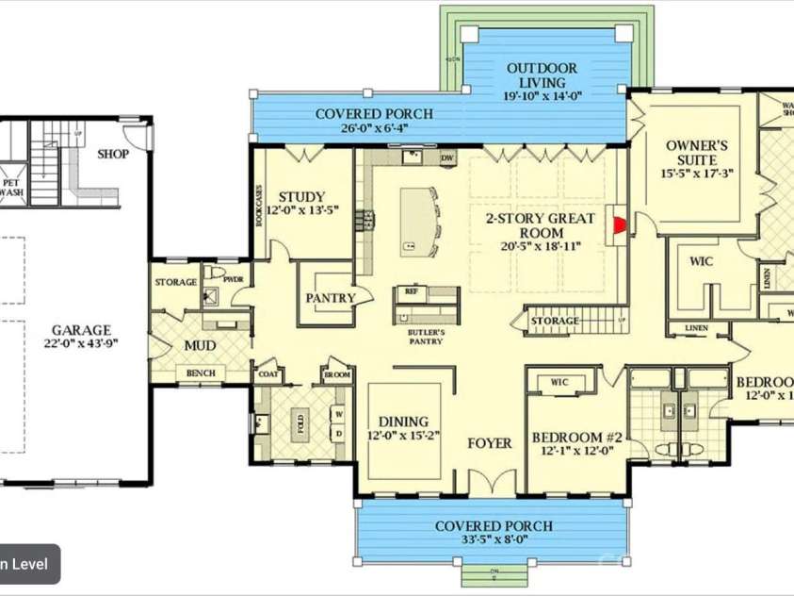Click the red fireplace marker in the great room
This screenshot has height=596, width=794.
[x=619, y=224]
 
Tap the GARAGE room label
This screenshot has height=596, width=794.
[x=81, y=330]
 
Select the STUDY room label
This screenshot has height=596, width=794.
[x=301, y=197]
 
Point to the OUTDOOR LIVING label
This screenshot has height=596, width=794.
[x=542, y=69]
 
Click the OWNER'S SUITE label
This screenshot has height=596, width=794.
[x=696, y=146]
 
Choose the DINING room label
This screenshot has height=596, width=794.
[x=403, y=422]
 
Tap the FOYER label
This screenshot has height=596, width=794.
[x=490, y=442]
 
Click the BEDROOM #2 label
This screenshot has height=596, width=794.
[x=577, y=438]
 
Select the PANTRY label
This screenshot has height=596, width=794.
[x=330, y=298]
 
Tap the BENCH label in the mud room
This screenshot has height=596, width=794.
[x=200, y=373]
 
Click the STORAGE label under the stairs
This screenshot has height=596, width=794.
[x=555, y=322]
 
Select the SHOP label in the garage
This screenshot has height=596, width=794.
[x=113, y=154]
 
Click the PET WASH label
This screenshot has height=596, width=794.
[x=11, y=188]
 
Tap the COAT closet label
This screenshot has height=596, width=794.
[x=267, y=374]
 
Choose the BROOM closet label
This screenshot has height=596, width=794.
[x=337, y=374]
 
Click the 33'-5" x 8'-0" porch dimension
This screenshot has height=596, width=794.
[x=494, y=540]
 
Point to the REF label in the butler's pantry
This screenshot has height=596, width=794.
[x=410, y=291]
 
